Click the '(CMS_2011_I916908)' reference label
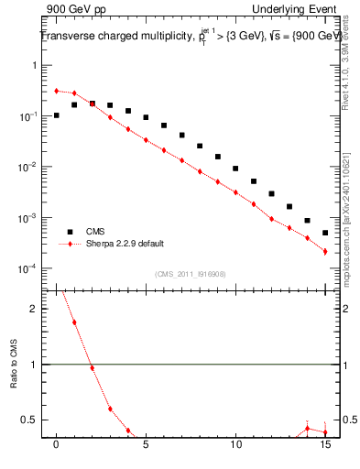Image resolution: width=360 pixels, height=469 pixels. click(x=191, y=273)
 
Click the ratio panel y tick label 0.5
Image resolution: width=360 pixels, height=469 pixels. click(x=28, y=420)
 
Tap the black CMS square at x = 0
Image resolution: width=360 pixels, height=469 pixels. click(x=57, y=115)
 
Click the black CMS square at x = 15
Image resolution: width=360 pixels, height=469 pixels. click(x=325, y=233)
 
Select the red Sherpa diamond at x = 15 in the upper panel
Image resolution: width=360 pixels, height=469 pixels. click(x=325, y=251)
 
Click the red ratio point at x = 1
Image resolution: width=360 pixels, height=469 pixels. click(x=74, y=322)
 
